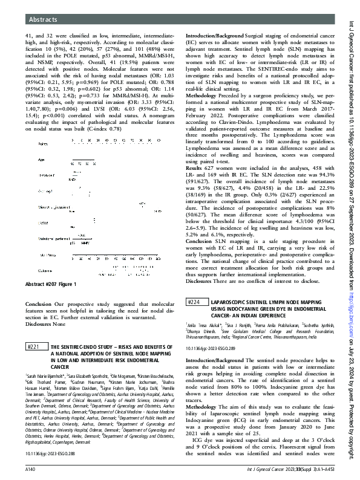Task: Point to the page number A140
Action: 31,469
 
